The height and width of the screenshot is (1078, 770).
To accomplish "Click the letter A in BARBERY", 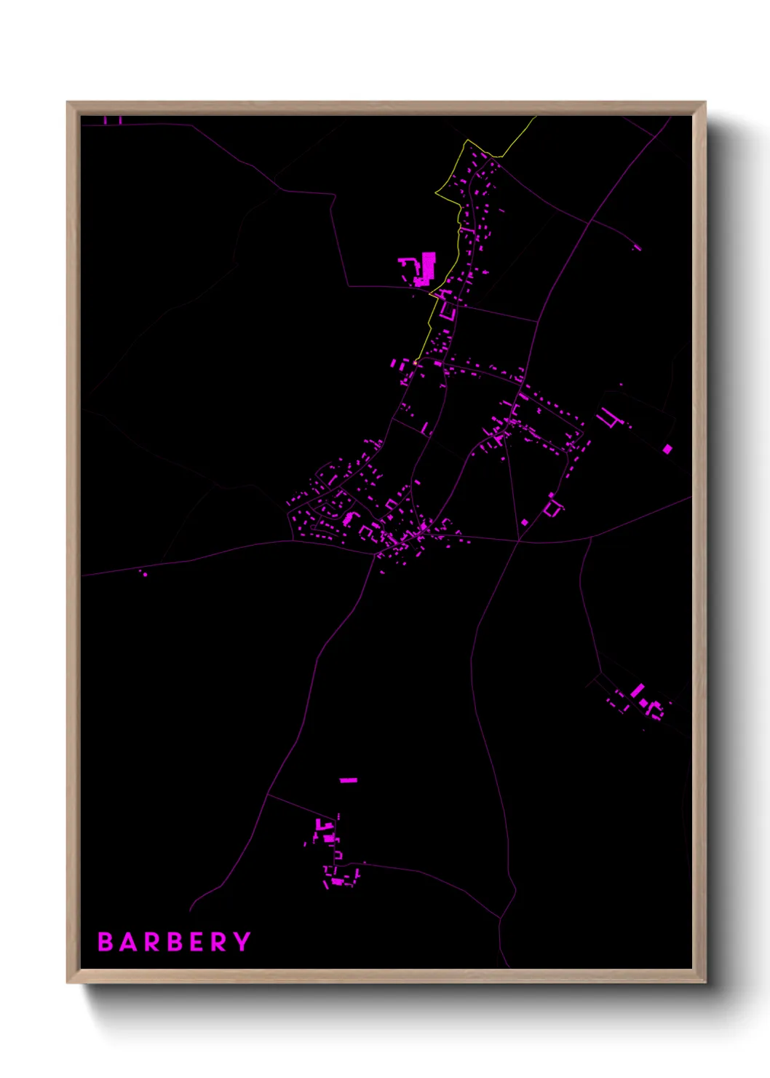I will click(129, 942).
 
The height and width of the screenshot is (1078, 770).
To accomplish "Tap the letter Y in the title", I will click(243, 942).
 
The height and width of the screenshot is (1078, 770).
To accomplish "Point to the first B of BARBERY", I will click(105, 942).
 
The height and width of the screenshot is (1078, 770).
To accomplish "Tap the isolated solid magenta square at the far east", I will click(667, 449).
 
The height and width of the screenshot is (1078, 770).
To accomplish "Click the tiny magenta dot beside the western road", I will click(145, 574).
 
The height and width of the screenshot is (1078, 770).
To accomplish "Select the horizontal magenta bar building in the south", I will click(349, 780).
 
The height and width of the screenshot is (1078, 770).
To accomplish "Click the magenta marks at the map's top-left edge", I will click(112, 120).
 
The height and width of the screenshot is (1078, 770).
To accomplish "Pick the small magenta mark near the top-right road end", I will click(638, 248).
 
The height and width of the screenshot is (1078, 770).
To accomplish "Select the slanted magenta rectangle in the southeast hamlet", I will click(638, 689).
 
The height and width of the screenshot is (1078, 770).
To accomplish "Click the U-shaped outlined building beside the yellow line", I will click(447, 312).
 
